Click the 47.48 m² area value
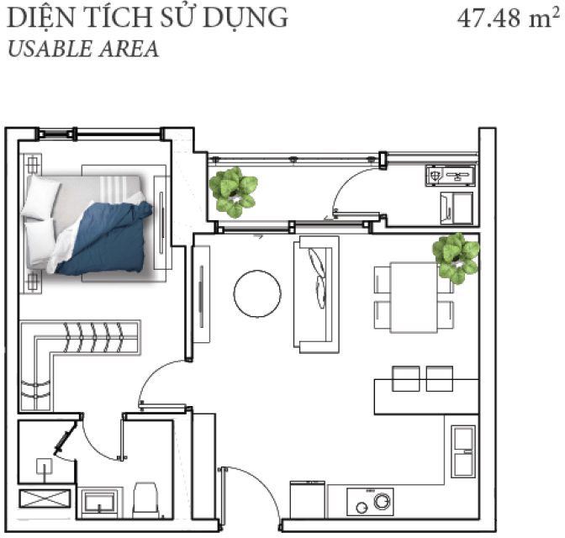point(509,18)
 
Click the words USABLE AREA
point(83,50)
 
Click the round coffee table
point(257,293)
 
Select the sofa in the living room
point(316,294)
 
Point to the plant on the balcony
point(233,192)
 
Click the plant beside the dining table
point(457,257)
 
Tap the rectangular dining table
point(414,298)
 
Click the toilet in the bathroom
point(146,500)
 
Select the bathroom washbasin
point(99,501)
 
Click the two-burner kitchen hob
point(370,502)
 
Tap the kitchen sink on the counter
point(463,451)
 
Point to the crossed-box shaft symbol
point(45,498)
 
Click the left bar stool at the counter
point(406,378)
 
